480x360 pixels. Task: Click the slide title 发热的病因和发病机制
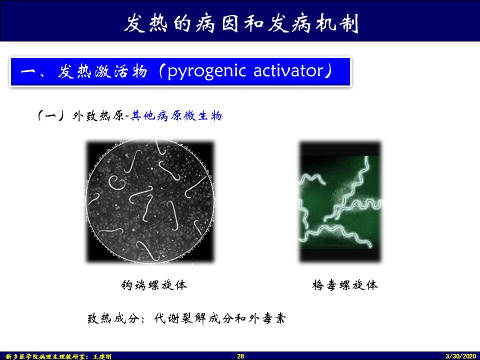pos(241,23)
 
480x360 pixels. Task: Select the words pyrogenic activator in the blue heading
pos(245,71)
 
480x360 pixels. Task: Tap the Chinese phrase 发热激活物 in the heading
pos(102,71)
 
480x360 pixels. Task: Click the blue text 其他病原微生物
pos(176,115)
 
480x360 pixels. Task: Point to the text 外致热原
pos(98,115)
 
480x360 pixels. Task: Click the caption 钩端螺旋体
pos(153,284)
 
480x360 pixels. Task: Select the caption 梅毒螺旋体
pos(345,284)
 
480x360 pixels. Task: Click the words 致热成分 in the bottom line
pos(113,318)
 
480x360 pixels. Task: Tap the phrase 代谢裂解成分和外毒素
pos(220,318)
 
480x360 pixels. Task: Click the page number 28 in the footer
pos(240,356)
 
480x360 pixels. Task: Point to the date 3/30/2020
pos(460,356)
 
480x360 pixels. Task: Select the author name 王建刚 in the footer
pos(102,356)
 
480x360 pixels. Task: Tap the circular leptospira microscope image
pos(150,201)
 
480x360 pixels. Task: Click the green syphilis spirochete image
pos(340,201)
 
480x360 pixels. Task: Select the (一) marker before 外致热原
pos(51,115)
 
